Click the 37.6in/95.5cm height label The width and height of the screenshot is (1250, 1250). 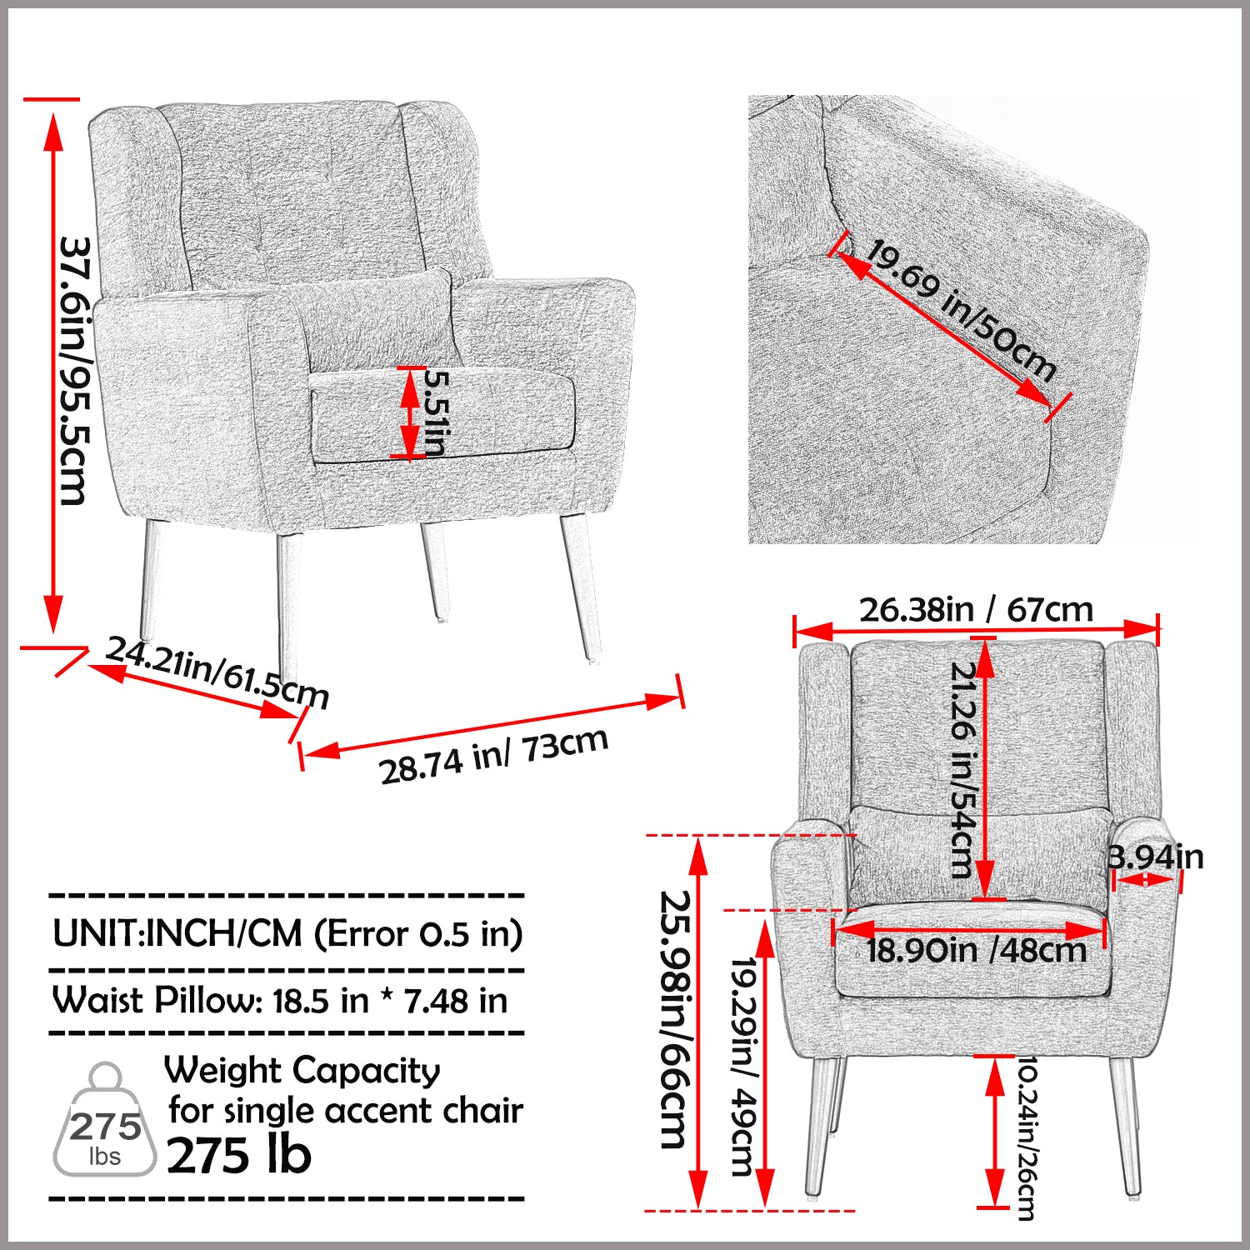(74, 371)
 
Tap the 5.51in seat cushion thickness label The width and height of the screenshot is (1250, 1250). (436, 412)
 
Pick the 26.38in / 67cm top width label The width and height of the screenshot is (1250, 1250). (976, 610)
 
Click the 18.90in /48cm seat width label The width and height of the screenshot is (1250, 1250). (976, 950)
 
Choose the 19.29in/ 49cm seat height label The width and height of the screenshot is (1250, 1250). (742, 1067)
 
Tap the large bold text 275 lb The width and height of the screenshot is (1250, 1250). (239, 1155)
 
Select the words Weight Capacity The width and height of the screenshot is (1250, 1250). (302, 1071)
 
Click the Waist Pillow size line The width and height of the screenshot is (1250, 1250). (280, 1000)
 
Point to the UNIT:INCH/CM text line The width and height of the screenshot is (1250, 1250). (287, 933)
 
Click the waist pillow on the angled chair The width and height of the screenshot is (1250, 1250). (375, 317)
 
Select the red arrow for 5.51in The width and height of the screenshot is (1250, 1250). (409, 412)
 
